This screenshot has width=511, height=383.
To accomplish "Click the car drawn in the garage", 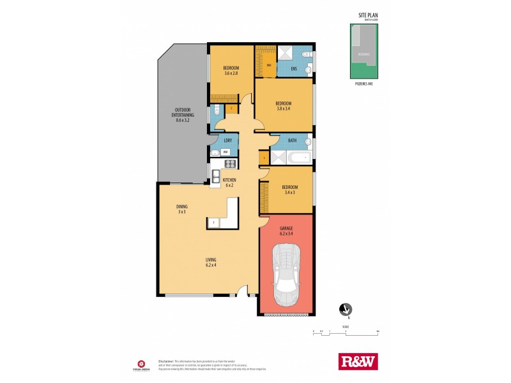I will [286, 278].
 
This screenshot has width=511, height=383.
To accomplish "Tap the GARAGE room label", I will [285, 228].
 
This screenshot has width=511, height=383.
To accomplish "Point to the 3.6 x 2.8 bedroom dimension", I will [231, 73].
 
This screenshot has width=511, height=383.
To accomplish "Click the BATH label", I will [292, 140].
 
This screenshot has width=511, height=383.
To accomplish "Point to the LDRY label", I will [227, 140].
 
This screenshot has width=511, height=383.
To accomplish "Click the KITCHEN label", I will [229, 181].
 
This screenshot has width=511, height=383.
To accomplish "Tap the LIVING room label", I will [211, 260].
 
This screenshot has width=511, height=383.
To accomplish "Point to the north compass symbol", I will [346, 310].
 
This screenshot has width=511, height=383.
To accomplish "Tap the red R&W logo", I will [357, 361].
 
